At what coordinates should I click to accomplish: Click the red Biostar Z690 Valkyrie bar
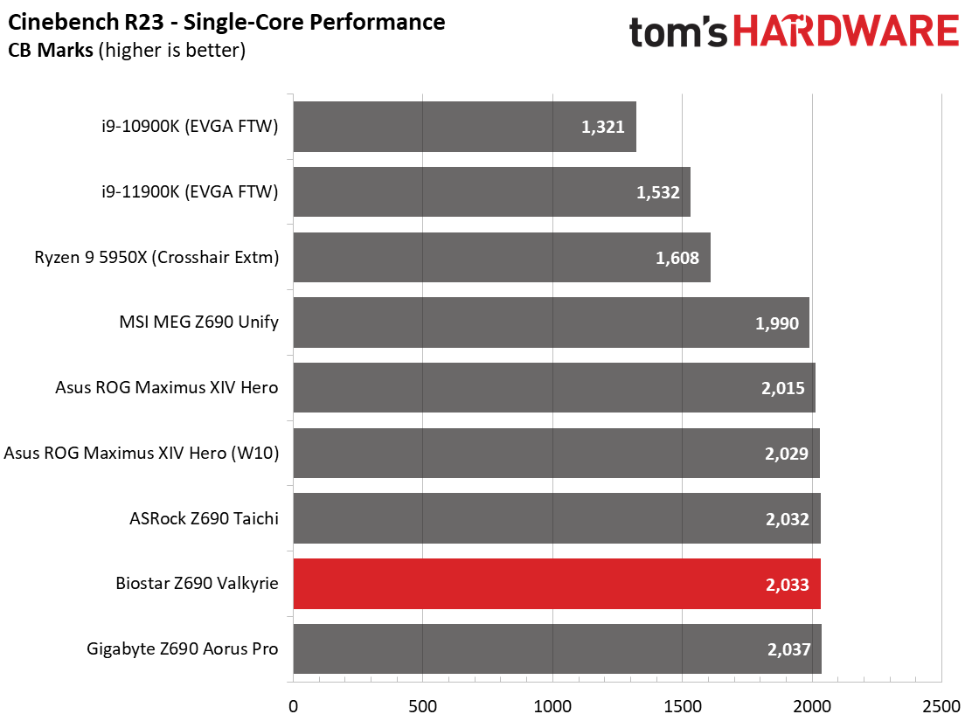click(557, 584)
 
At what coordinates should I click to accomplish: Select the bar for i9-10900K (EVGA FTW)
click(464, 127)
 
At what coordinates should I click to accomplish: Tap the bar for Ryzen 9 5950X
click(502, 257)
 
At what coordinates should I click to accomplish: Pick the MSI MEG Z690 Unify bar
click(551, 322)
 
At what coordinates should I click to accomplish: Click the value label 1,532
click(657, 192)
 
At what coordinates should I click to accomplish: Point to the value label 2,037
click(788, 649)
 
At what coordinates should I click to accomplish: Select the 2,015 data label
click(783, 389)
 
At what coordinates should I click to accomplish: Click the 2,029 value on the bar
click(787, 454)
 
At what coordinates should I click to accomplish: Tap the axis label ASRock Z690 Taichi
click(204, 518)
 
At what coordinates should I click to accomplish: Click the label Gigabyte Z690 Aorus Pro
click(182, 648)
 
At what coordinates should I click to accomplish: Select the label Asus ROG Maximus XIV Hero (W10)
click(142, 453)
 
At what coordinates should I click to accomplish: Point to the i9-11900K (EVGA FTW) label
click(190, 191)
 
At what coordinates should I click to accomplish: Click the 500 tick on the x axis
click(423, 706)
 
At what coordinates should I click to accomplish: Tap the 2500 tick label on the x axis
click(941, 706)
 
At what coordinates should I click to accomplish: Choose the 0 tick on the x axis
click(293, 706)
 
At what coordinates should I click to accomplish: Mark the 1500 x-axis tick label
click(683, 706)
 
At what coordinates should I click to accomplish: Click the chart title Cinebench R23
click(86, 23)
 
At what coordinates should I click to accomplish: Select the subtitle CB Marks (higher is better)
click(127, 50)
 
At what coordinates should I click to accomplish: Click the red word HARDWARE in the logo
click(846, 31)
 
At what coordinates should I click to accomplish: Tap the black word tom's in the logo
click(678, 32)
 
